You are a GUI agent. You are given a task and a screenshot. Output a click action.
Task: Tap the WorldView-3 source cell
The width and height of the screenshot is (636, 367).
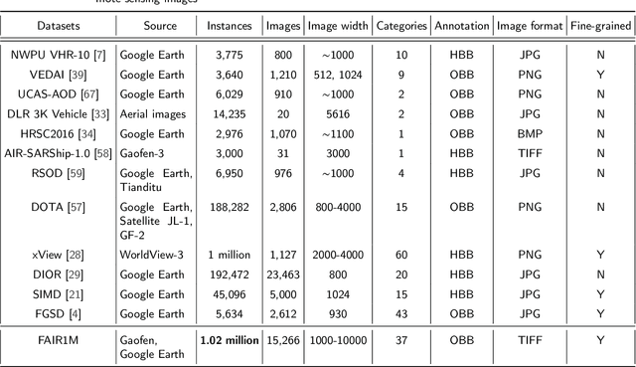[153, 255]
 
